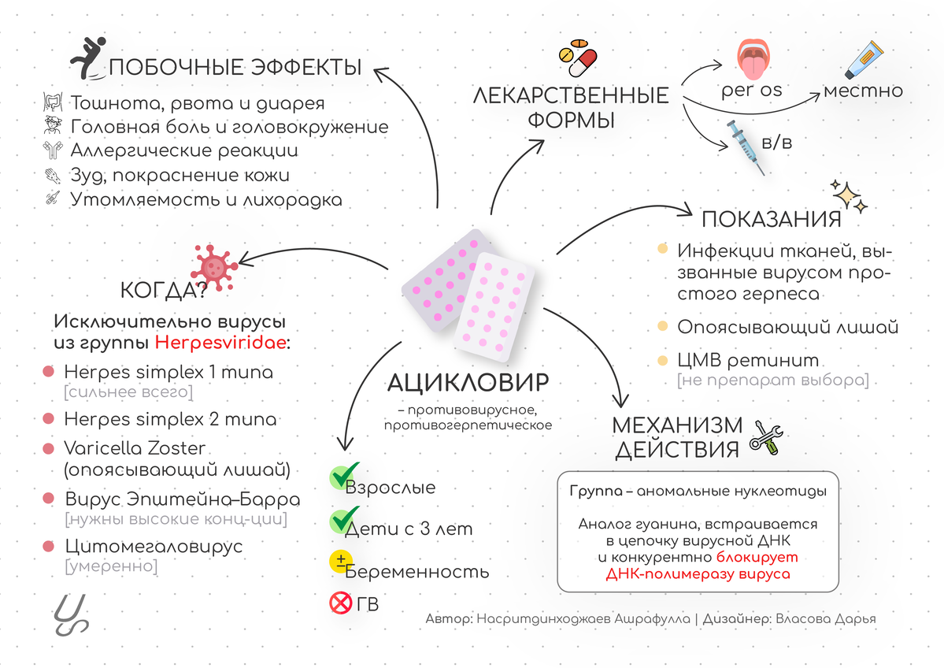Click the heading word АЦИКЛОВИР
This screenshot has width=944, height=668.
468,383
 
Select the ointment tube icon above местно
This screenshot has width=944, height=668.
864,60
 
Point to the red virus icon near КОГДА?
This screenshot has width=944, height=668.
213,268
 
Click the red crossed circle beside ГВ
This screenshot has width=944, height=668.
341,603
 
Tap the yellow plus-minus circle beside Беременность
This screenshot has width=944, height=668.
341,562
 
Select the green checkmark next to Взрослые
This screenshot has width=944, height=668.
344,475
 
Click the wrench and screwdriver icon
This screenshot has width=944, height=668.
766,436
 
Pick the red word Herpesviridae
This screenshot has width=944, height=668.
220,343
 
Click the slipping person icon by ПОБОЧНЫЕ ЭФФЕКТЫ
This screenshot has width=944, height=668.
88,58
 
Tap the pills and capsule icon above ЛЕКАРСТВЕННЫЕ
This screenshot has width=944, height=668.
577,58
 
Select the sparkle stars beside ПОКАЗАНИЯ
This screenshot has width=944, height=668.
849,196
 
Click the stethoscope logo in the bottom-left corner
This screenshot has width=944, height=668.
70,615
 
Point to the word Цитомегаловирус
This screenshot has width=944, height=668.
154,547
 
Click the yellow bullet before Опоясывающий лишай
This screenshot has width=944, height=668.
662,326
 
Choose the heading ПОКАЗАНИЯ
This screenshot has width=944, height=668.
772,219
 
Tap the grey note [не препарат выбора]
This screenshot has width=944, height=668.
773,380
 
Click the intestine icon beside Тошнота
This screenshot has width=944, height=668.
53,102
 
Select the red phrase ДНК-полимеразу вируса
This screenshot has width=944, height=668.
698,573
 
